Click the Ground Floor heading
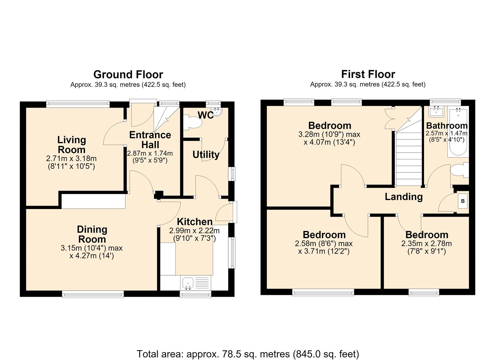click(128, 74)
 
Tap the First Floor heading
click(368, 74)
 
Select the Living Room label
click(72, 145)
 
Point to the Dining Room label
click(92, 234)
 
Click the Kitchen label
click(195, 222)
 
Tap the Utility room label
click(206, 155)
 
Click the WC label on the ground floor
click(206, 115)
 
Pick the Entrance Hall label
click(150, 140)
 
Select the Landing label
click(404, 197)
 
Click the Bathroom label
click(447, 126)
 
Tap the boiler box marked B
click(463, 201)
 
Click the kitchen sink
click(188, 283)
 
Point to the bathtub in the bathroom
click(458, 132)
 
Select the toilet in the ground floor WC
click(193, 122)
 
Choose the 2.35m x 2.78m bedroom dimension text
click(426, 244)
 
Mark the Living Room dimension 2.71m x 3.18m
click(71, 158)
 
